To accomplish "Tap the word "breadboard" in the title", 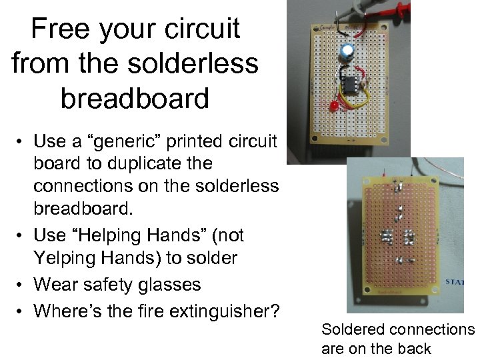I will pos(135,98).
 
